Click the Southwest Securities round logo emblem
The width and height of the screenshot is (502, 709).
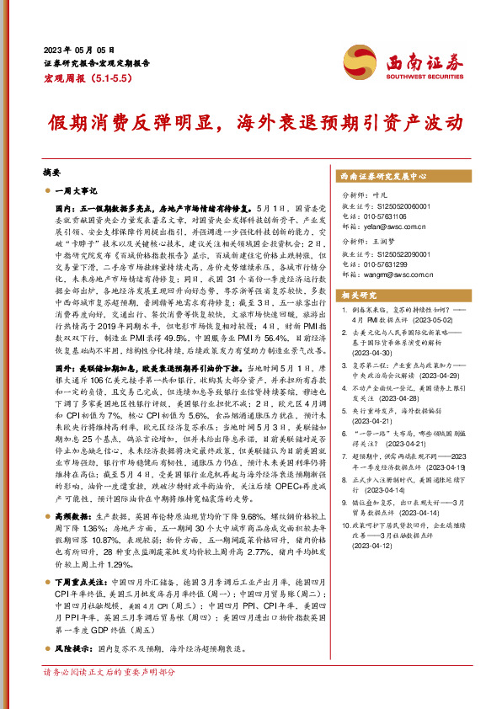[376, 62]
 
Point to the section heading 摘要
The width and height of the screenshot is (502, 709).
[51, 171]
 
